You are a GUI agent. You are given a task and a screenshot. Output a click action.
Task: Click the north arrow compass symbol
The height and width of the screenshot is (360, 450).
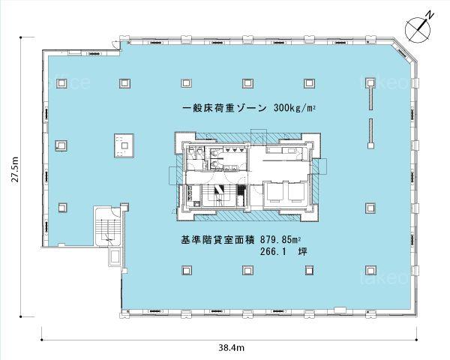click(x=418, y=28)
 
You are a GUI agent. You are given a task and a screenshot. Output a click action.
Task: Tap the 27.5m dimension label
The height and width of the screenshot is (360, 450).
click(x=15, y=169)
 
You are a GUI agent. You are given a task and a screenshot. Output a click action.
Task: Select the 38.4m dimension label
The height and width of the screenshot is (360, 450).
click(x=231, y=348)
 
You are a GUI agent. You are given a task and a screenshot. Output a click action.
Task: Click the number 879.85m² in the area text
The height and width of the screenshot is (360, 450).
click(x=281, y=239)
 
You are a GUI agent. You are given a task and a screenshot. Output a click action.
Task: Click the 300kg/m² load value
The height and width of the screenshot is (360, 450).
click(x=295, y=108)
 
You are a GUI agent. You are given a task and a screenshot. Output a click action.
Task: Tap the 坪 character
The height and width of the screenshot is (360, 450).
click(x=302, y=252)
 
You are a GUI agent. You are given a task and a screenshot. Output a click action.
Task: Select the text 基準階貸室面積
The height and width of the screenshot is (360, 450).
click(x=217, y=239)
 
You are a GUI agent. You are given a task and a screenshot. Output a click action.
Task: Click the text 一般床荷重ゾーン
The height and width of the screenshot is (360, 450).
click(x=224, y=109)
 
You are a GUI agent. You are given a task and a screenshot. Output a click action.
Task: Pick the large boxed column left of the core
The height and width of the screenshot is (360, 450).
click(x=124, y=145)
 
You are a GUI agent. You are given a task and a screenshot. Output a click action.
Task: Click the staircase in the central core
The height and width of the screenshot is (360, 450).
click(x=220, y=195)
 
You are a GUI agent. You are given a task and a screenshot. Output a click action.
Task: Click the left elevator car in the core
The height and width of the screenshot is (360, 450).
click(x=274, y=192)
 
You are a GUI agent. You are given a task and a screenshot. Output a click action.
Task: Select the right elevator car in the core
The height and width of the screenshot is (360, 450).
click(x=298, y=192)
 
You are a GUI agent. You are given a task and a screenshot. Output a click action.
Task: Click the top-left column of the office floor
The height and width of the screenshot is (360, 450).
click(x=61, y=83)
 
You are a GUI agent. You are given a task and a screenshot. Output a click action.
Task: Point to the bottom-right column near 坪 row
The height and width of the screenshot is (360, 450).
click(x=370, y=270)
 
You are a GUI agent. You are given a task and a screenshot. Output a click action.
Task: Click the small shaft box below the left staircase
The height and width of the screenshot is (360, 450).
click(x=115, y=256)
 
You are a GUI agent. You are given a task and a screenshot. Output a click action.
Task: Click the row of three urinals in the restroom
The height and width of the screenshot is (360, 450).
click(x=235, y=149)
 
